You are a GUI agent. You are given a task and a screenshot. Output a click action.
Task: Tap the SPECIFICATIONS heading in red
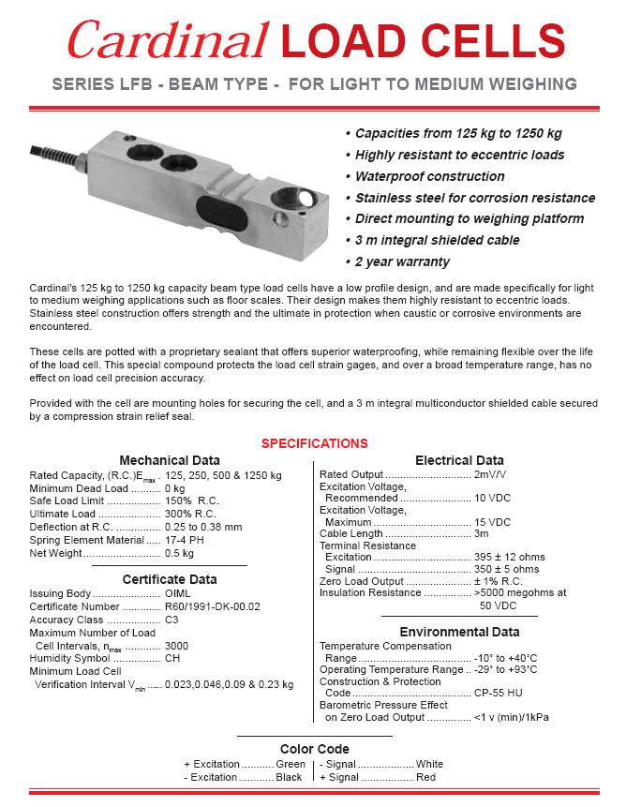pos(314,443)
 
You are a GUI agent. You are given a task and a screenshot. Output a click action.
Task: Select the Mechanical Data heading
pos(170,460)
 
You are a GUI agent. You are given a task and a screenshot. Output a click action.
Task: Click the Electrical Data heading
pos(459,460)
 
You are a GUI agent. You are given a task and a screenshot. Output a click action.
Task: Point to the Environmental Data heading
pos(459,632)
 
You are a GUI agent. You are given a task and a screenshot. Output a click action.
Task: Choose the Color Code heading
pos(314,749)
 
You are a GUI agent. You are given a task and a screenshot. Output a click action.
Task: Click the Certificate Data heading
pos(170,579)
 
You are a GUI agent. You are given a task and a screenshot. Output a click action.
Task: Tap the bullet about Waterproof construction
pos(429,176)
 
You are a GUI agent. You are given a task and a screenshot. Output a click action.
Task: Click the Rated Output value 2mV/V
pos(491,475)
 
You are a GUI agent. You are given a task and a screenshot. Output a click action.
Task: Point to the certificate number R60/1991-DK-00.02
pos(213,606)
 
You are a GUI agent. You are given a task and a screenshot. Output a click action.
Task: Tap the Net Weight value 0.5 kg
pos(178,553)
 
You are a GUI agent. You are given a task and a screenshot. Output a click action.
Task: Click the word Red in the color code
pos(427,777)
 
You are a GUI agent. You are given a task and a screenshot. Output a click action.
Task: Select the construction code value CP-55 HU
pos(501,693)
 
